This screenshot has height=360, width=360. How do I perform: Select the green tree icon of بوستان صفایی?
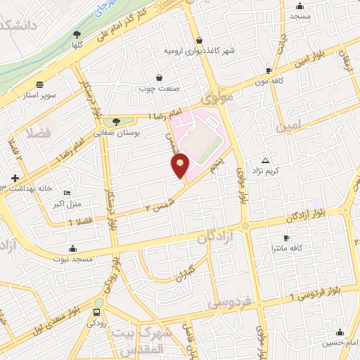tap(116, 122)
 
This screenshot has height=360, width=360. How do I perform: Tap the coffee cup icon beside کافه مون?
tap(269, 71)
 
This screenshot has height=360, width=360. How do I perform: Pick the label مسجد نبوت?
tap(73, 258)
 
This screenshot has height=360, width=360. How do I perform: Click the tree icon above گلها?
tap(77, 34)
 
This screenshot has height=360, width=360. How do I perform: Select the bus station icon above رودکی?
tap(96, 311)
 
